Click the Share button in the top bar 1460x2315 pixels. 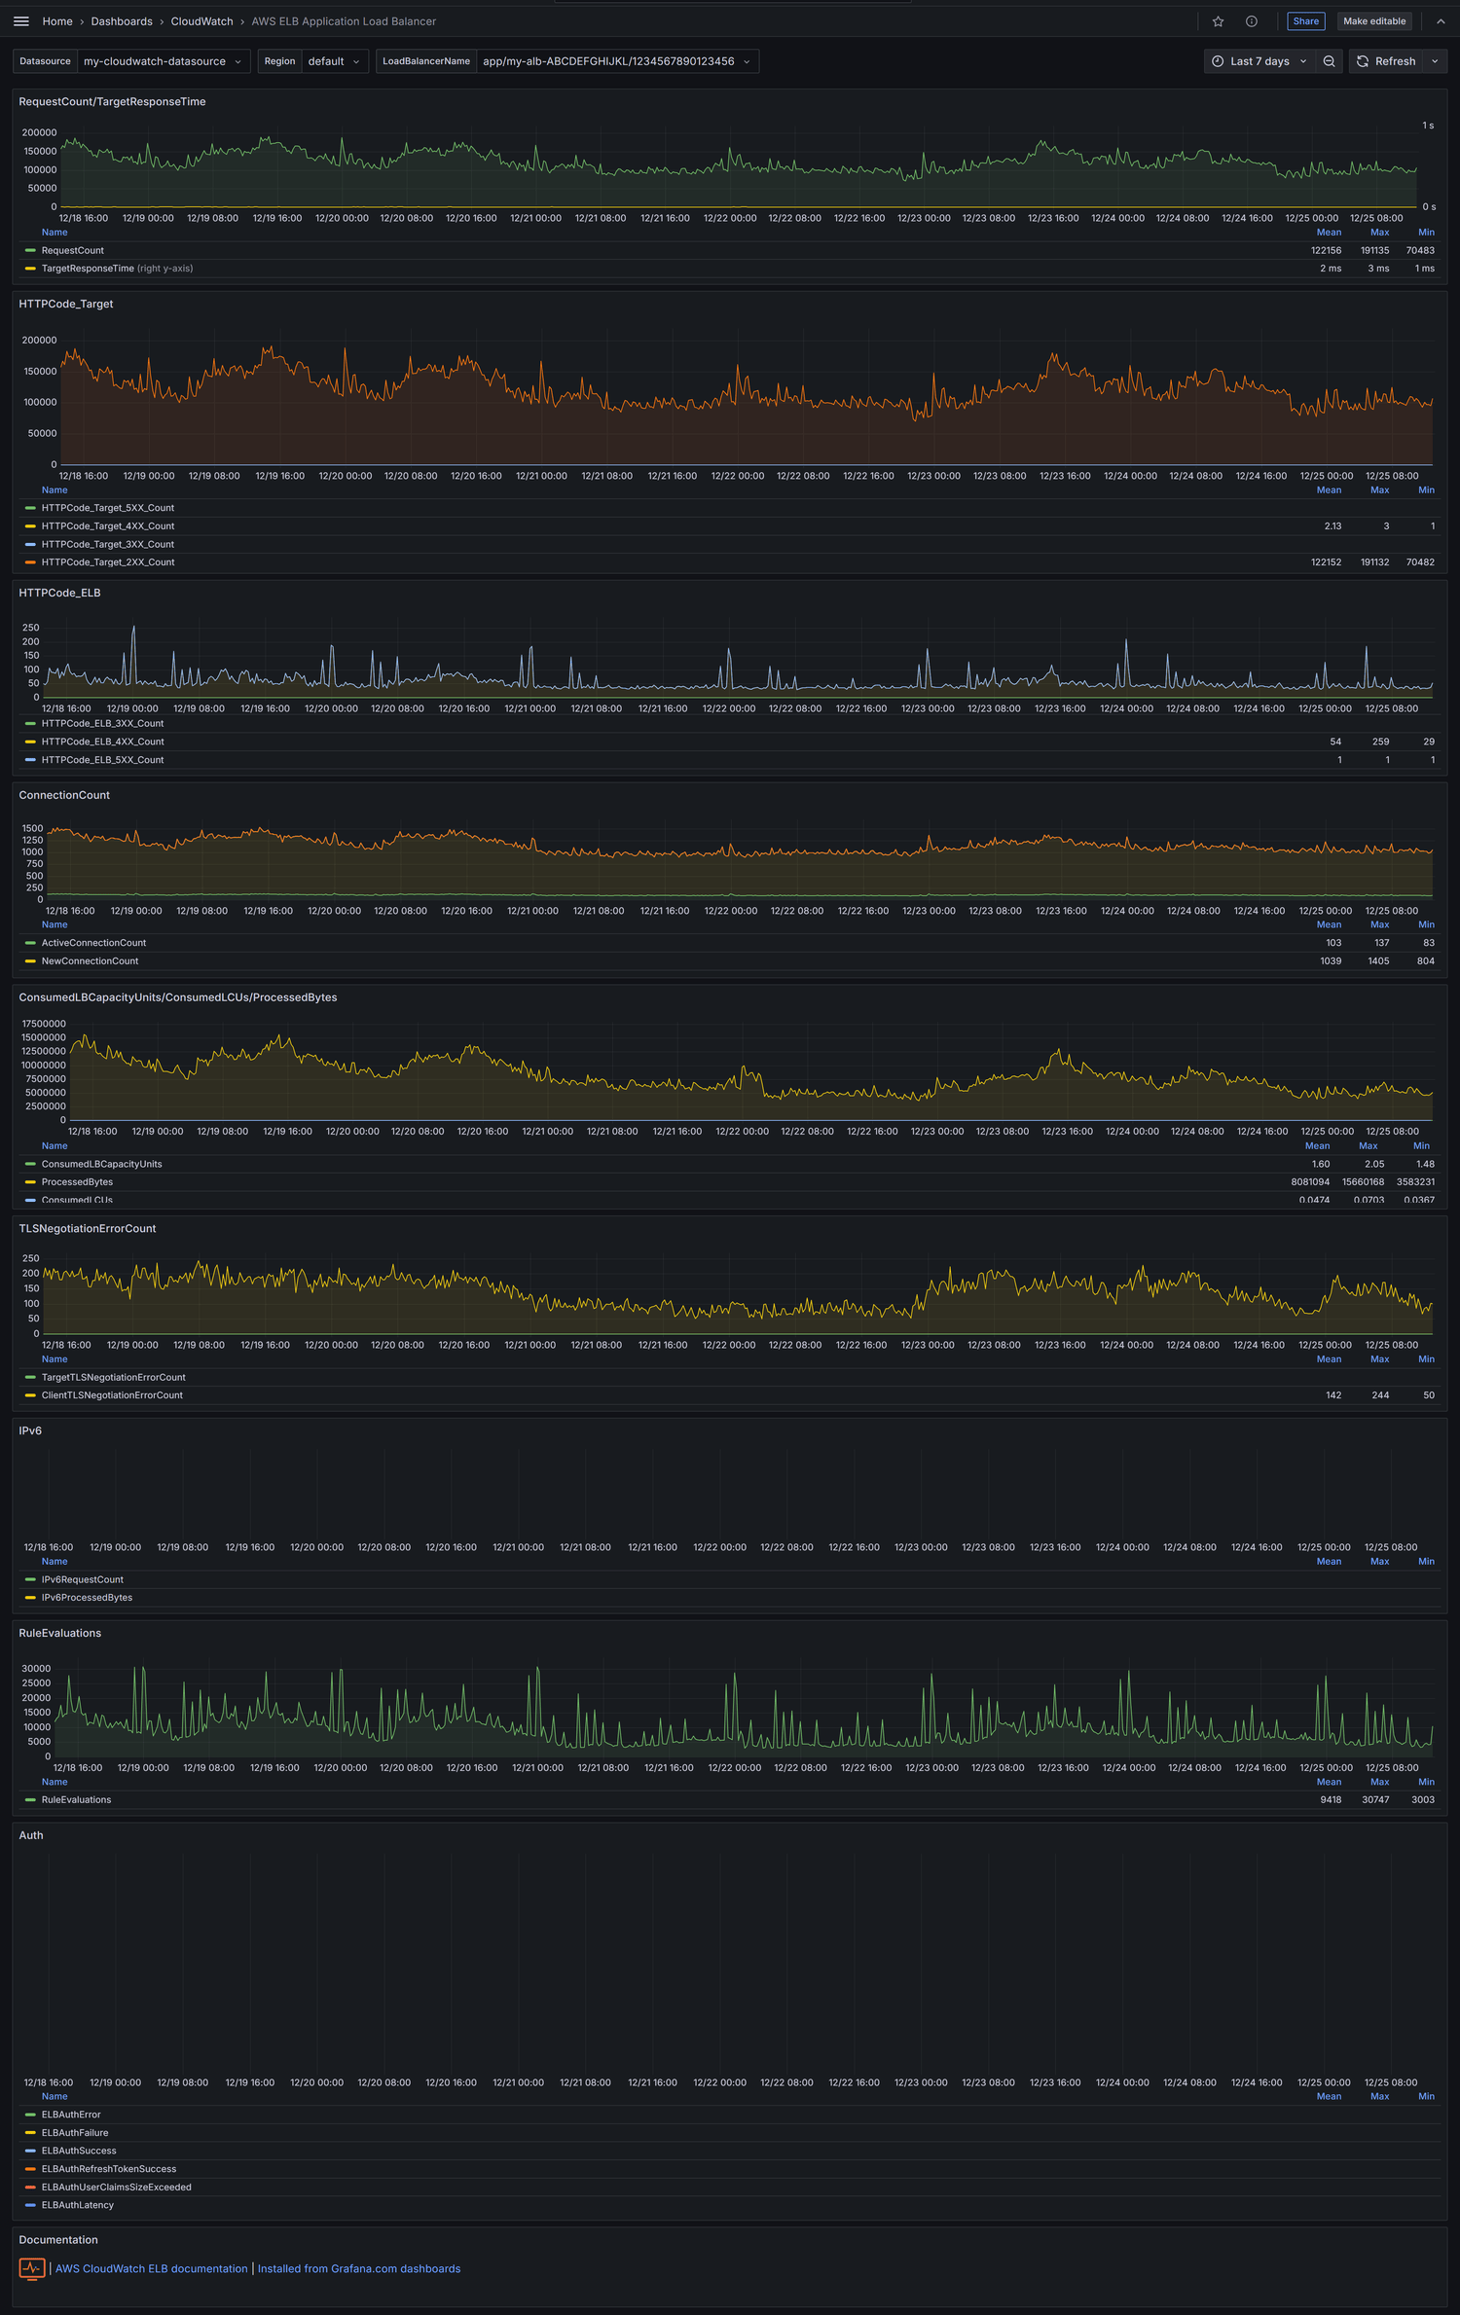coord(1305,21)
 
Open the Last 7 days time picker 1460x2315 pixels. coord(1259,61)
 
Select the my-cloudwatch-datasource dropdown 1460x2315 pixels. coord(162,61)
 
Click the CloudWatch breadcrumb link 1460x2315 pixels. coord(201,21)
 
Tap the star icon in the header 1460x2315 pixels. coord(1218,21)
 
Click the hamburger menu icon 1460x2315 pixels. coord(21,21)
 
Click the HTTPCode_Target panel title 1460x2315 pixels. coord(66,304)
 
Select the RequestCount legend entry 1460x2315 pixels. coord(73,250)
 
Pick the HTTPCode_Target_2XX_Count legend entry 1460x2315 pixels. coord(108,562)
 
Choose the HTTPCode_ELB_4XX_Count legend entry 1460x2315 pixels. coord(102,742)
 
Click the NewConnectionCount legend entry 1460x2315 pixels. coord(90,961)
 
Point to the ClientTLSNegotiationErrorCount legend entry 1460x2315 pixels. coord(112,1395)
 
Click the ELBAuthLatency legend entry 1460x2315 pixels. coord(78,2205)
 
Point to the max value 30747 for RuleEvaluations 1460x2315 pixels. coord(1374,1799)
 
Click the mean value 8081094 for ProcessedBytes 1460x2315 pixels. coord(1309,1182)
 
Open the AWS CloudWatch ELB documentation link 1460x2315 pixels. coord(152,2268)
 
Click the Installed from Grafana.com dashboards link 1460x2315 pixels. coord(359,2268)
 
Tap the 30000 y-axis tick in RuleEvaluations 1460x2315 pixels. coord(36,1668)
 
